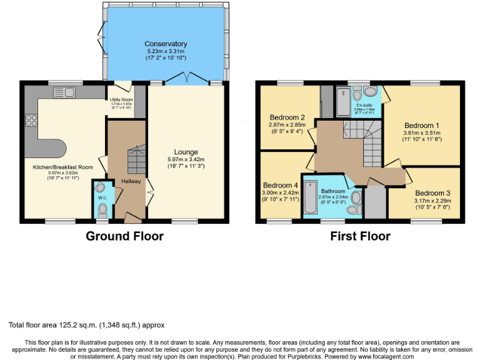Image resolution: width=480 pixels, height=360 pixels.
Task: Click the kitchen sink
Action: pos(64,92)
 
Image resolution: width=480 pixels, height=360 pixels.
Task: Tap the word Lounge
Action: pos(186,152)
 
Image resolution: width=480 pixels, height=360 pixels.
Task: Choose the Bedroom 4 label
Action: pos(281,186)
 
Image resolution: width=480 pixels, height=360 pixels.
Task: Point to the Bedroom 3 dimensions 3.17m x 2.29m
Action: pos(432,201)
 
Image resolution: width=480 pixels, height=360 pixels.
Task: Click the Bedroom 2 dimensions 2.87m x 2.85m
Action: pos(287,125)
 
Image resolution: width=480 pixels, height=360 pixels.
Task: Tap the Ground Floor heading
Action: pos(124,236)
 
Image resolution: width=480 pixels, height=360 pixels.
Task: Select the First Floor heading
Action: pos(360,236)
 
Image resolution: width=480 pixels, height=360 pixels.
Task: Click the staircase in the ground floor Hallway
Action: pos(136,159)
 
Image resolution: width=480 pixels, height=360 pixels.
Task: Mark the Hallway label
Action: pos(131,181)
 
